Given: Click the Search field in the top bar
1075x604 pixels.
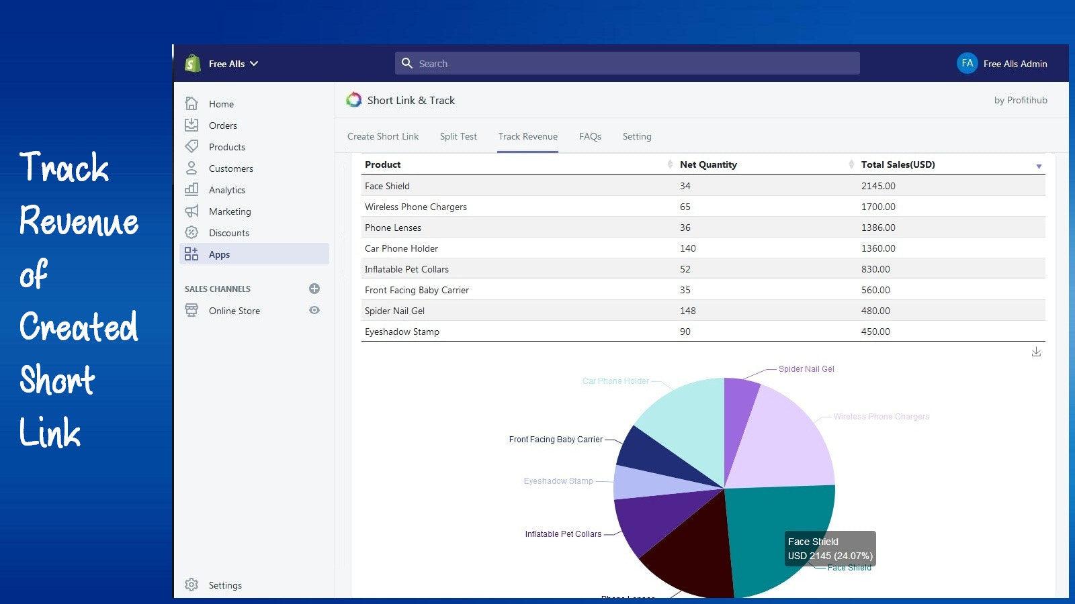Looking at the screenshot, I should click(x=626, y=64).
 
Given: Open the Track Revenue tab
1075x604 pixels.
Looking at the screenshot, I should click(x=527, y=136).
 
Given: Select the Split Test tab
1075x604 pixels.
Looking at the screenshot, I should click(x=458, y=136).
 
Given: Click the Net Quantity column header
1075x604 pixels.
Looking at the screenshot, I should click(x=708, y=164).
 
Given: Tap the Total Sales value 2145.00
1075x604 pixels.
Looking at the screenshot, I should click(x=878, y=186).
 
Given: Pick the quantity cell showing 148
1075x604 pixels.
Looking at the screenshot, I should click(x=687, y=311).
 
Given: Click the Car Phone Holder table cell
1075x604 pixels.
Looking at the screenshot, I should click(x=401, y=248).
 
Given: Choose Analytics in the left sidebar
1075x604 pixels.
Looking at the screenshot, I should click(x=226, y=190).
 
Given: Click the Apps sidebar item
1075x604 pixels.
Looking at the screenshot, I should click(x=219, y=254).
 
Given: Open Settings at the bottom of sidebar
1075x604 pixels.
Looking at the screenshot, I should click(x=224, y=585).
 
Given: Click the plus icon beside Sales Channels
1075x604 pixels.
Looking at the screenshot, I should click(x=314, y=289).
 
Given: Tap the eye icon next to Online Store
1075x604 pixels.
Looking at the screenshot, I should click(x=314, y=310).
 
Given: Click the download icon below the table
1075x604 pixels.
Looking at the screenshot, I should click(x=1036, y=352).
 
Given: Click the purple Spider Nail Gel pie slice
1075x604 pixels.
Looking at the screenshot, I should click(x=739, y=403).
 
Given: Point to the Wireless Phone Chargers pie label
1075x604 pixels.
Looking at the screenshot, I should click(x=881, y=417).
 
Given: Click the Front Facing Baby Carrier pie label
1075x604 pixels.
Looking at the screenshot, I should click(x=555, y=440).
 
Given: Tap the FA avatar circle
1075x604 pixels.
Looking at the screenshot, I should click(x=967, y=63).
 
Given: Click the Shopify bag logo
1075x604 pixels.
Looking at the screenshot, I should click(x=193, y=63).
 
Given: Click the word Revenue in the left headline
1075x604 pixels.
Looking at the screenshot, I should click(x=79, y=221).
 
